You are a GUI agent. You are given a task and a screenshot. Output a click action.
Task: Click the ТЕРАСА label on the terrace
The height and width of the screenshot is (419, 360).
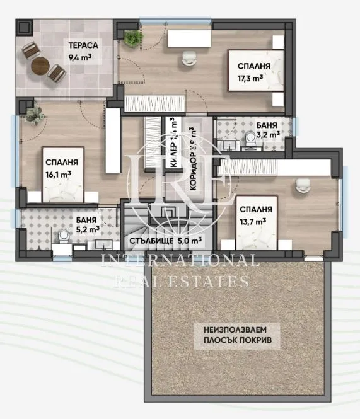click(82, 46)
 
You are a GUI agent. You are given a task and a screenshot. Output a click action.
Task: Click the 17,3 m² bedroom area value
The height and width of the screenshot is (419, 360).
click(250, 78)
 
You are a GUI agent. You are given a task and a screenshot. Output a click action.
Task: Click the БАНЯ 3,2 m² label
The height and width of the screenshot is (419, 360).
click(265, 130)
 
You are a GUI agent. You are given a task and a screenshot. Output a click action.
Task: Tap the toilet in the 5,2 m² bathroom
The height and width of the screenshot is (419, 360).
click(63, 237)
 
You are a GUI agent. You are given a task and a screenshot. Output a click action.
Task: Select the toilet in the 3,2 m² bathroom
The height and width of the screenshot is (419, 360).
click(250, 138)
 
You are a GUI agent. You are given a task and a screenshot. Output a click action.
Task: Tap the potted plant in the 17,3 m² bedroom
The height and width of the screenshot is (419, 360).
click(132, 38)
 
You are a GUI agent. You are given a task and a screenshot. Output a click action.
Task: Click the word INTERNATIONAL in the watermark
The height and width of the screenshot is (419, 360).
click(180, 260)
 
